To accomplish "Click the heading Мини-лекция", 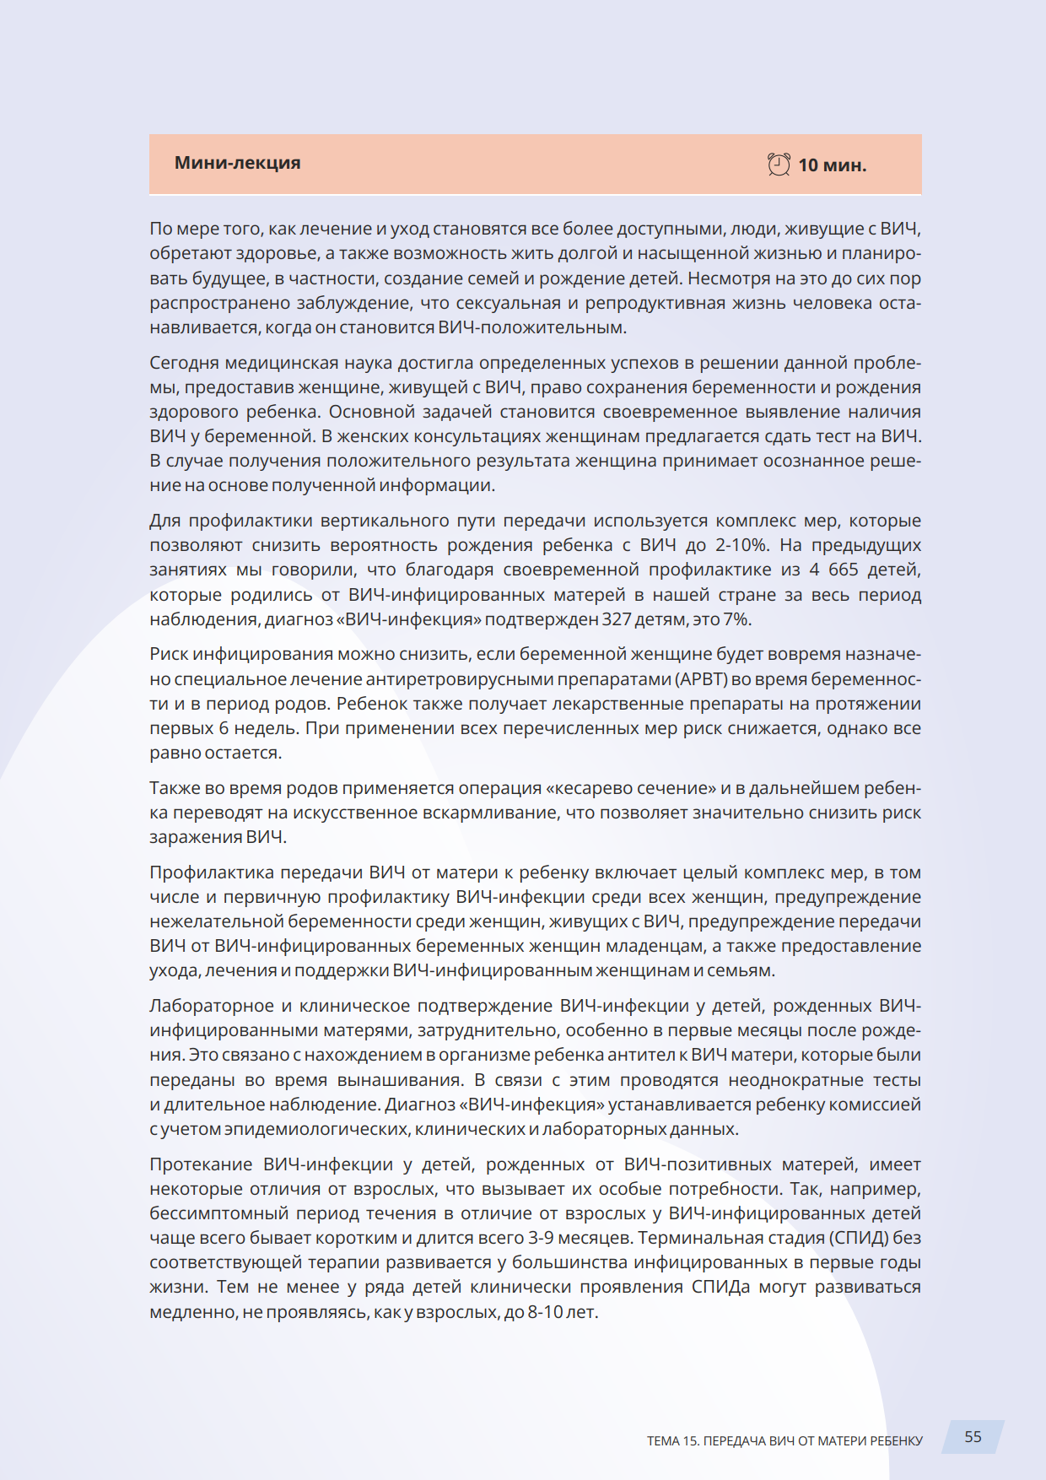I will pos(237,163).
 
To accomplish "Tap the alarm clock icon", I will pos(779,165).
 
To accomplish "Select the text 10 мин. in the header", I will pos(832,165).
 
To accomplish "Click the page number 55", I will pos(973,1436).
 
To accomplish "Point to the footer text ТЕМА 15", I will pos(673,1440).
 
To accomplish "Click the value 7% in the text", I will pos(736,619).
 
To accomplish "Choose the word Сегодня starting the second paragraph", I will pos(184,363).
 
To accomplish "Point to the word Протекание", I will pos(201,1164).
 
